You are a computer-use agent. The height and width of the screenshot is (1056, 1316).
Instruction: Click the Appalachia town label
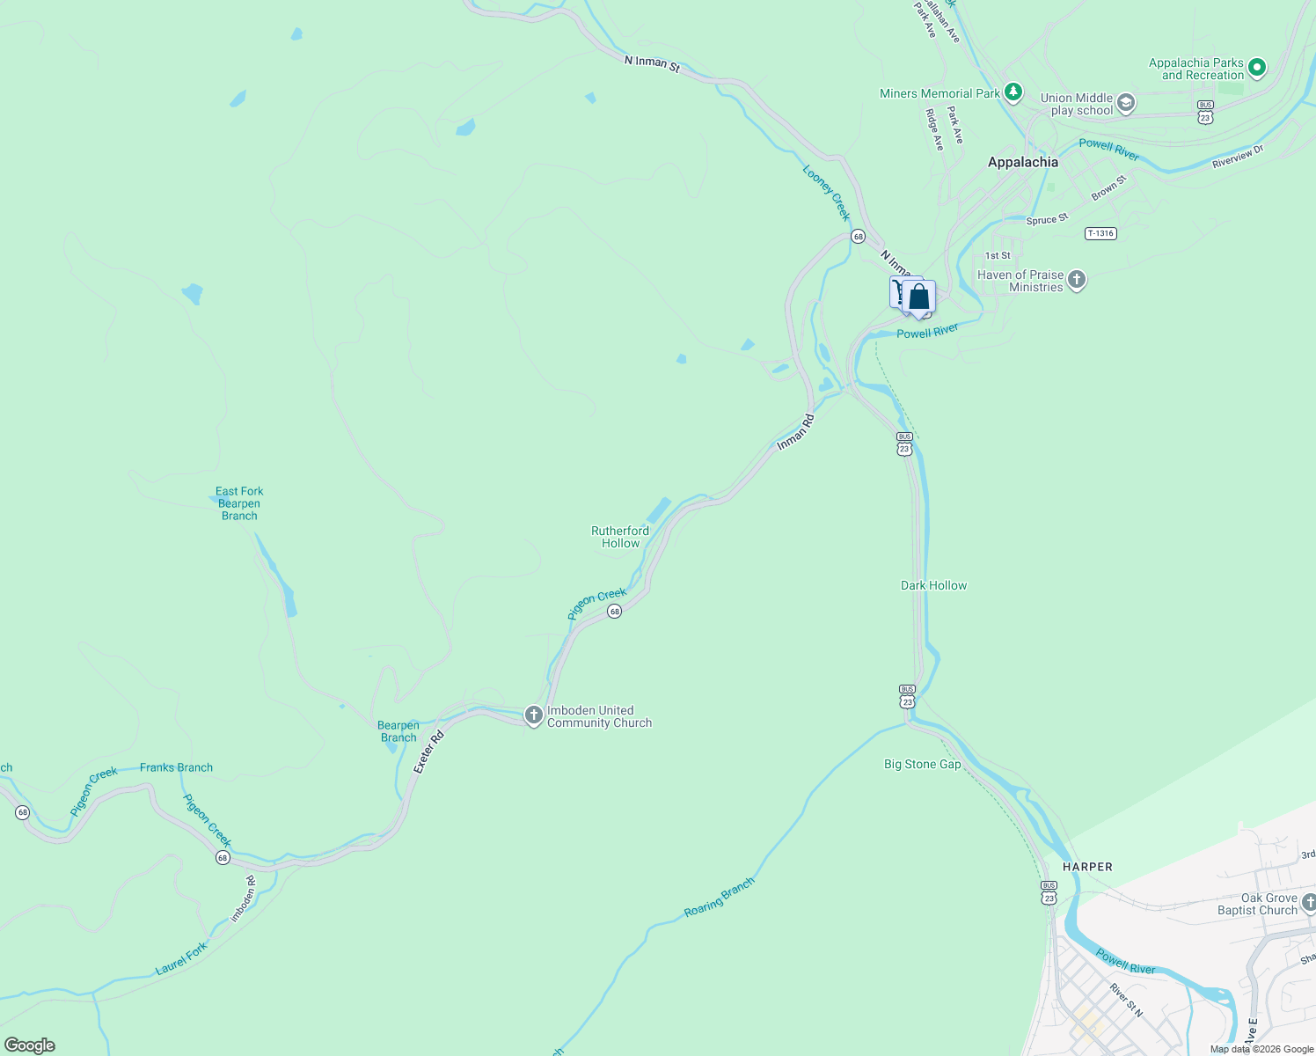1022,162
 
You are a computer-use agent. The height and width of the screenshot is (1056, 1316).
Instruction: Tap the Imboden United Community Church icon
533,715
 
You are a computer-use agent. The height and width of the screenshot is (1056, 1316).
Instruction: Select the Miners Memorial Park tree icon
1013,92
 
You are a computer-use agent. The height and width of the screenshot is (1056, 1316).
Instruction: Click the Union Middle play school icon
1126,105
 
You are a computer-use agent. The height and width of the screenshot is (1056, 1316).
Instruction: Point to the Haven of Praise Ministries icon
1077,281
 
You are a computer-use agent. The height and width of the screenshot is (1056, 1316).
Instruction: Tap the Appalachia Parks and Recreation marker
1257,67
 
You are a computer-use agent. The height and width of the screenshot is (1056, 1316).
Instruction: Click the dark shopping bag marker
919,298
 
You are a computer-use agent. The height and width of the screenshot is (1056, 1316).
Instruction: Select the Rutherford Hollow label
620,537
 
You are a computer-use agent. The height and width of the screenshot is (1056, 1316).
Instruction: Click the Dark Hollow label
933,585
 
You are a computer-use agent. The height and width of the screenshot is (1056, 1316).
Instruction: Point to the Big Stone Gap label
922,764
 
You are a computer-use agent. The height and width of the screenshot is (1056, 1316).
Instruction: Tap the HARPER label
1087,867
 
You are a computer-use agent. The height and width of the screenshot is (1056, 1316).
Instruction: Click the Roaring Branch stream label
720,898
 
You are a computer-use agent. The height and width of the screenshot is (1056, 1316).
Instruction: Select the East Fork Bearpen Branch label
239,503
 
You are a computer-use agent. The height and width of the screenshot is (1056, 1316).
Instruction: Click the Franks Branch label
176,767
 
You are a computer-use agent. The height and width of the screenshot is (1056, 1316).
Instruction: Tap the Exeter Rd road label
428,752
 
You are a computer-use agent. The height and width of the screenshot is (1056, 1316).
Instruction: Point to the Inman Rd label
795,432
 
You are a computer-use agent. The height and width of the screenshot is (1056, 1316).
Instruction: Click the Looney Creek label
827,193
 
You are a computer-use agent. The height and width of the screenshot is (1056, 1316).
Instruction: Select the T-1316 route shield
1100,233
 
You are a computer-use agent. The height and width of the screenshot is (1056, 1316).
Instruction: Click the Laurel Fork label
181,958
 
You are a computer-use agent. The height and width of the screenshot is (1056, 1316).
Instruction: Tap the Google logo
29,1045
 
